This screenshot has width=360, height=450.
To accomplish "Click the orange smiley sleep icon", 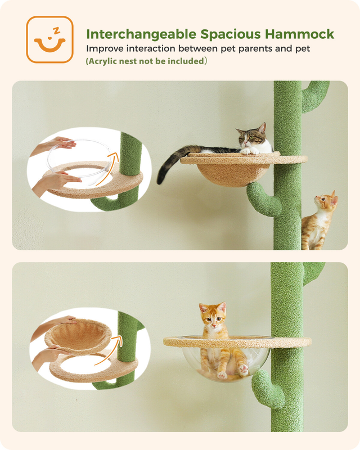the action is [49, 39].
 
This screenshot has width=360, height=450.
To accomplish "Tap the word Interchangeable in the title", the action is [141, 34].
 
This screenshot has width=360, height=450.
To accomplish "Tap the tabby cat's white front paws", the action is [249, 151].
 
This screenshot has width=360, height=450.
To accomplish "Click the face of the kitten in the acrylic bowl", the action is [213, 316].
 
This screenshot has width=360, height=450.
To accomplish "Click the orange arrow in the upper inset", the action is [107, 169].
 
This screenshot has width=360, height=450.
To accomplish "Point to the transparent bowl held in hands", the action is [79, 161].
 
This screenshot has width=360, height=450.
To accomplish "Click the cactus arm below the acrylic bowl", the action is [267, 389].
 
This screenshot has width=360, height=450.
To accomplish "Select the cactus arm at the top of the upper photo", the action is [315, 96].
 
